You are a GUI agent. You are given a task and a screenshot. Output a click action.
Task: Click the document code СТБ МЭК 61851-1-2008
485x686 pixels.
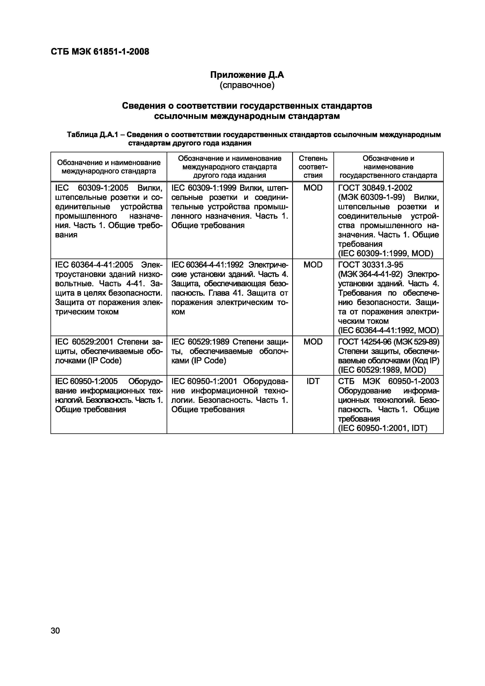pyautogui.click(x=100, y=52)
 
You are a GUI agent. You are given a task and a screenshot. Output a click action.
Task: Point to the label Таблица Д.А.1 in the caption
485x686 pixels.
pyautogui.click(x=93, y=135)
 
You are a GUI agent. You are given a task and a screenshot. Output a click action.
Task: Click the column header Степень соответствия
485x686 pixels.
pyautogui.click(x=313, y=167)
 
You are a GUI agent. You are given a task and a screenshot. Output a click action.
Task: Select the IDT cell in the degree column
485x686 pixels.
pyautogui.click(x=313, y=381)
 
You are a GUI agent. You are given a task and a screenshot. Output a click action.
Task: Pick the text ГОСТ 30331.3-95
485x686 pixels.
pyautogui.click(x=371, y=265)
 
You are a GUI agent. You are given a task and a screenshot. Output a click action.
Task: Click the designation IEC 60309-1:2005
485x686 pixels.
pyautogui.click(x=92, y=188)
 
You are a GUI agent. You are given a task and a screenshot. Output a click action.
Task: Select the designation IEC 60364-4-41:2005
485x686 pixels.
pyautogui.click(x=94, y=265)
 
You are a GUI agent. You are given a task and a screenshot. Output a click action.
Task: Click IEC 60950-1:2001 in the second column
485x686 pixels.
pyautogui.click(x=204, y=381)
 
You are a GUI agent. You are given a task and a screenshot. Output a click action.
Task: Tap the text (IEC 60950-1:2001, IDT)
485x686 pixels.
pyautogui.click(x=383, y=428)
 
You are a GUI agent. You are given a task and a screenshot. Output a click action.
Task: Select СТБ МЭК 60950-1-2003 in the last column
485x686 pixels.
pyautogui.click(x=388, y=381)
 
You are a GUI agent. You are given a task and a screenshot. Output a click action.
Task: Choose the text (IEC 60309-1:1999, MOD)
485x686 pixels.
pyautogui.click(x=385, y=253)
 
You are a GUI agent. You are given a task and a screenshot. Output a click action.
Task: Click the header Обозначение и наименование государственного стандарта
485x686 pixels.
pyautogui.click(x=388, y=167)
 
